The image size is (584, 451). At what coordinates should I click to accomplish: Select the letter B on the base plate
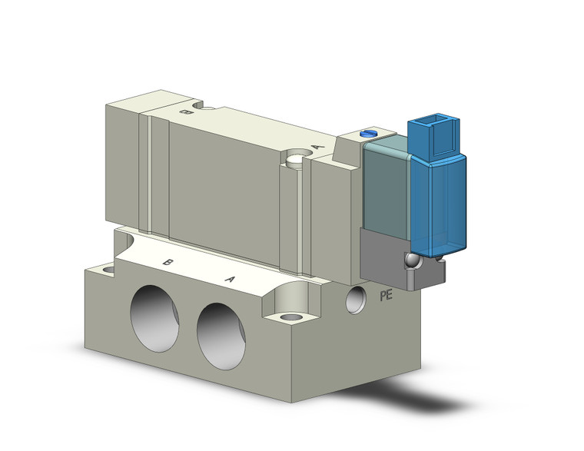(x=167, y=262)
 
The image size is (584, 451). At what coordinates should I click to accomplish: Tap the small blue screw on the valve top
(x=370, y=134)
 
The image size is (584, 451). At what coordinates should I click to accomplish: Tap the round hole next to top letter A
(x=296, y=161)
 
